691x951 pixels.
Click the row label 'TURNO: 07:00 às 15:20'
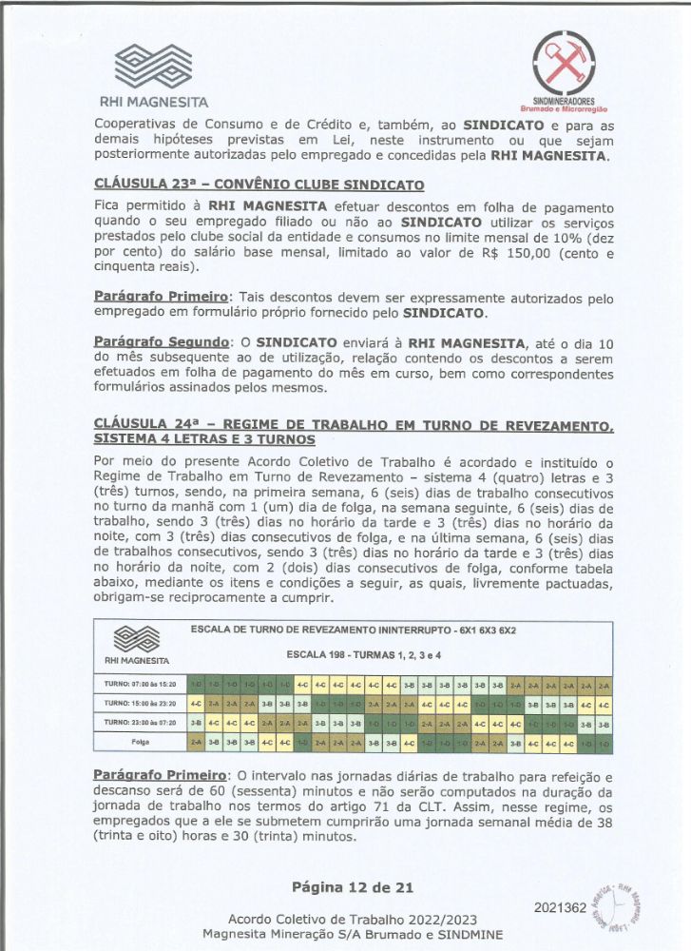[x=142, y=684]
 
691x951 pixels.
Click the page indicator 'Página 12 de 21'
[x=353, y=887]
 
